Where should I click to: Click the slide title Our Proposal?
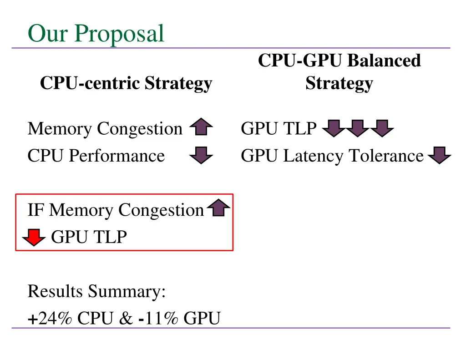[96, 33]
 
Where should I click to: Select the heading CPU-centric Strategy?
[126, 83]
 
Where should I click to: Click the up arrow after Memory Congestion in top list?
[201, 127]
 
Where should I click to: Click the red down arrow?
[34, 237]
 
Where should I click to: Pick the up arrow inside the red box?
[219, 209]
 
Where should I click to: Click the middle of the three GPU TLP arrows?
[358, 128]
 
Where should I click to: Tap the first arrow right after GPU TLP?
[334, 128]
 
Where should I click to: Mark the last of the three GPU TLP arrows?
[382, 128]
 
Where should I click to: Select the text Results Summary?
[96, 291]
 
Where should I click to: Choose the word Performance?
[116, 156]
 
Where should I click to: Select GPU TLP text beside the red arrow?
[89, 237]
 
